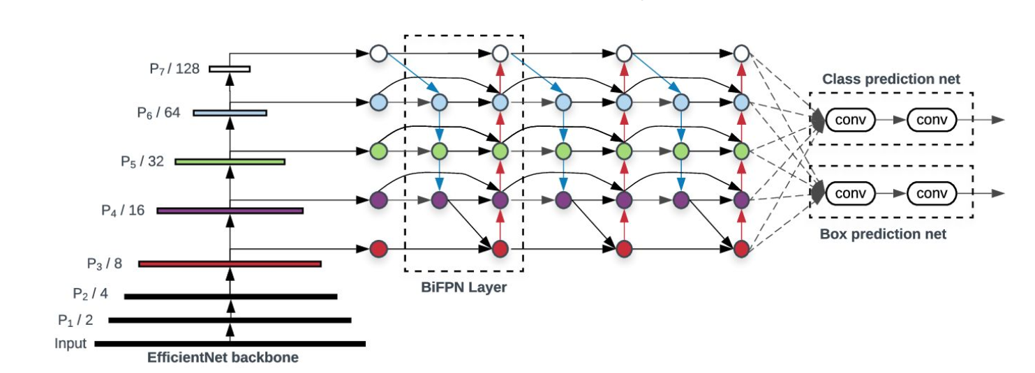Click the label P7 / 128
pyautogui.click(x=174, y=68)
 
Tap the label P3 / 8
pyautogui.click(x=105, y=264)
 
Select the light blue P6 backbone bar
pyautogui.click(x=230, y=113)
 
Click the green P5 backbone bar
pyautogui.click(x=230, y=162)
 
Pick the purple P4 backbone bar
pyautogui.click(x=230, y=211)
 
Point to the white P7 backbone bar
pyautogui.click(x=230, y=68)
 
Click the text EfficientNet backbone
pyautogui.click(x=223, y=358)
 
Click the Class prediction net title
pyautogui.click(x=891, y=79)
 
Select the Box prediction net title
pyautogui.click(x=883, y=234)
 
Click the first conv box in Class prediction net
pyautogui.click(x=851, y=120)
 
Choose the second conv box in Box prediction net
pyautogui.click(x=932, y=193)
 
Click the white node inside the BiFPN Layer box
pyautogui.click(x=498, y=53)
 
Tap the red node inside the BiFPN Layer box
pyautogui.click(x=498, y=248)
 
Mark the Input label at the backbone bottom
pyautogui.click(x=70, y=344)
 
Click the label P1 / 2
pyautogui.click(x=75, y=321)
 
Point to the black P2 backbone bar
pyautogui.click(x=230, y=297)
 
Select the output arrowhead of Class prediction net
pyautogui.click(x=999, y=120)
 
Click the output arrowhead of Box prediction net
pyautogui.click(x=999, y=193)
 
